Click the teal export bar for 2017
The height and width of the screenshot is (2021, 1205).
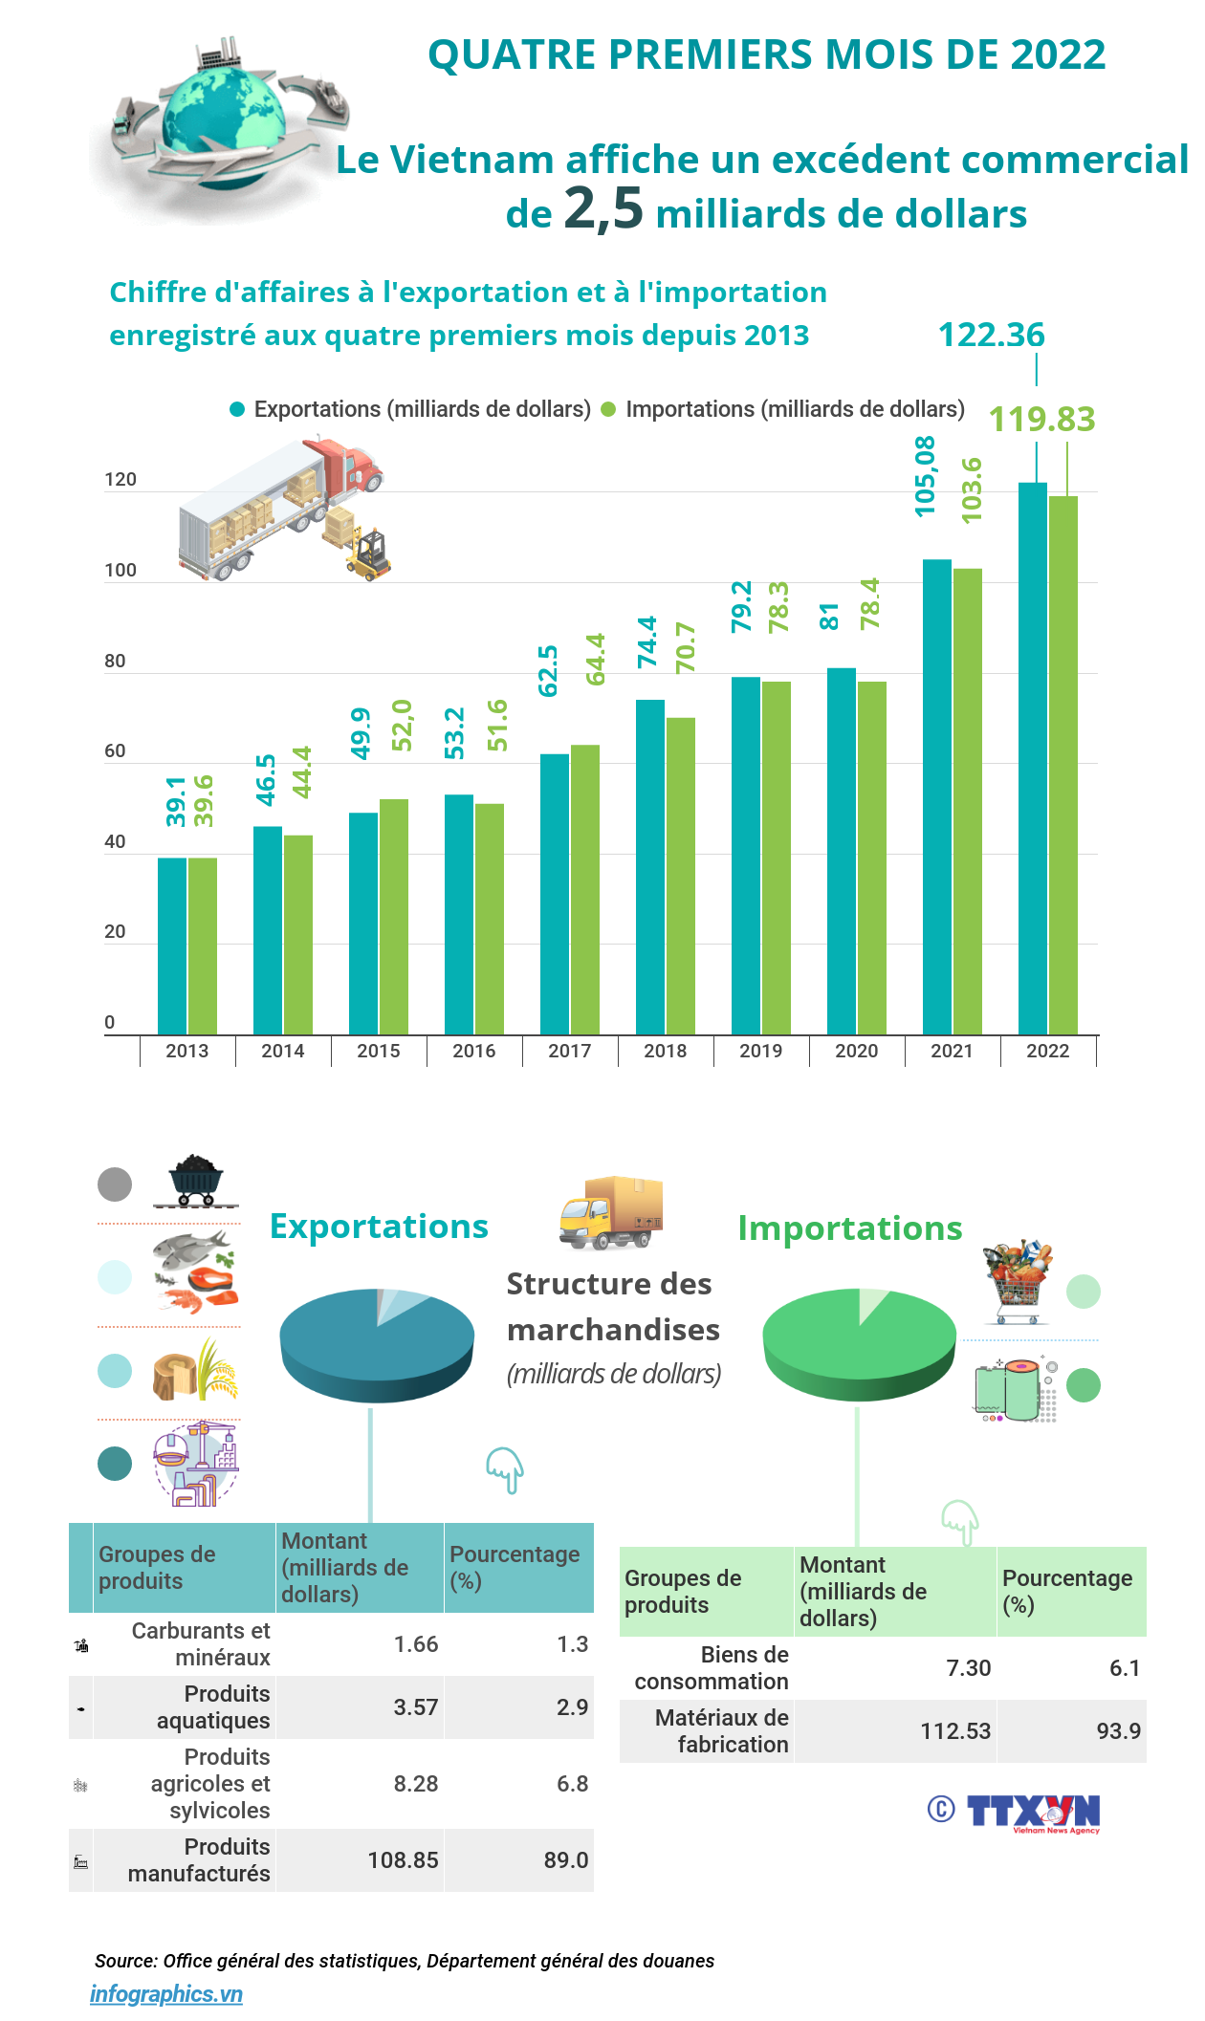(x=555, y=894)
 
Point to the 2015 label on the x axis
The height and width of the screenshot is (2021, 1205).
(x=379, y=1051)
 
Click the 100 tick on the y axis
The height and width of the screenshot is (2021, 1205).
(x=120, y=571)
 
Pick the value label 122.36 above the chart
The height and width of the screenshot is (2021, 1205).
(x=992, y=335)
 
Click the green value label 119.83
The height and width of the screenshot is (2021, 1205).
(x=1041, y=419)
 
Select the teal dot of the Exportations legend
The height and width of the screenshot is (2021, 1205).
(x=237, y=410)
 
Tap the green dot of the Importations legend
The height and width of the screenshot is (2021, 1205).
(x=608, y=410)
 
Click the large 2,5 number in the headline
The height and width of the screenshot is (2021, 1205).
(x=603, y=207)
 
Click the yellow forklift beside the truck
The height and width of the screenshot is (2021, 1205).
(x=369, y=554)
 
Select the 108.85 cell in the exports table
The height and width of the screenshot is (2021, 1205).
(x=403, y=1860)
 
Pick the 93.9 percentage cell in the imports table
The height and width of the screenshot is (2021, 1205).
(x=1118, y=1731)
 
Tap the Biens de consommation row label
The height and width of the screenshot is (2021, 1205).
(x=712, y=1668)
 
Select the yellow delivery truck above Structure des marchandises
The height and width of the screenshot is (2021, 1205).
(x=611, y=1212)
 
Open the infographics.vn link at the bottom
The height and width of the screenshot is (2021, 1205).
(x=166, y=1994)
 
